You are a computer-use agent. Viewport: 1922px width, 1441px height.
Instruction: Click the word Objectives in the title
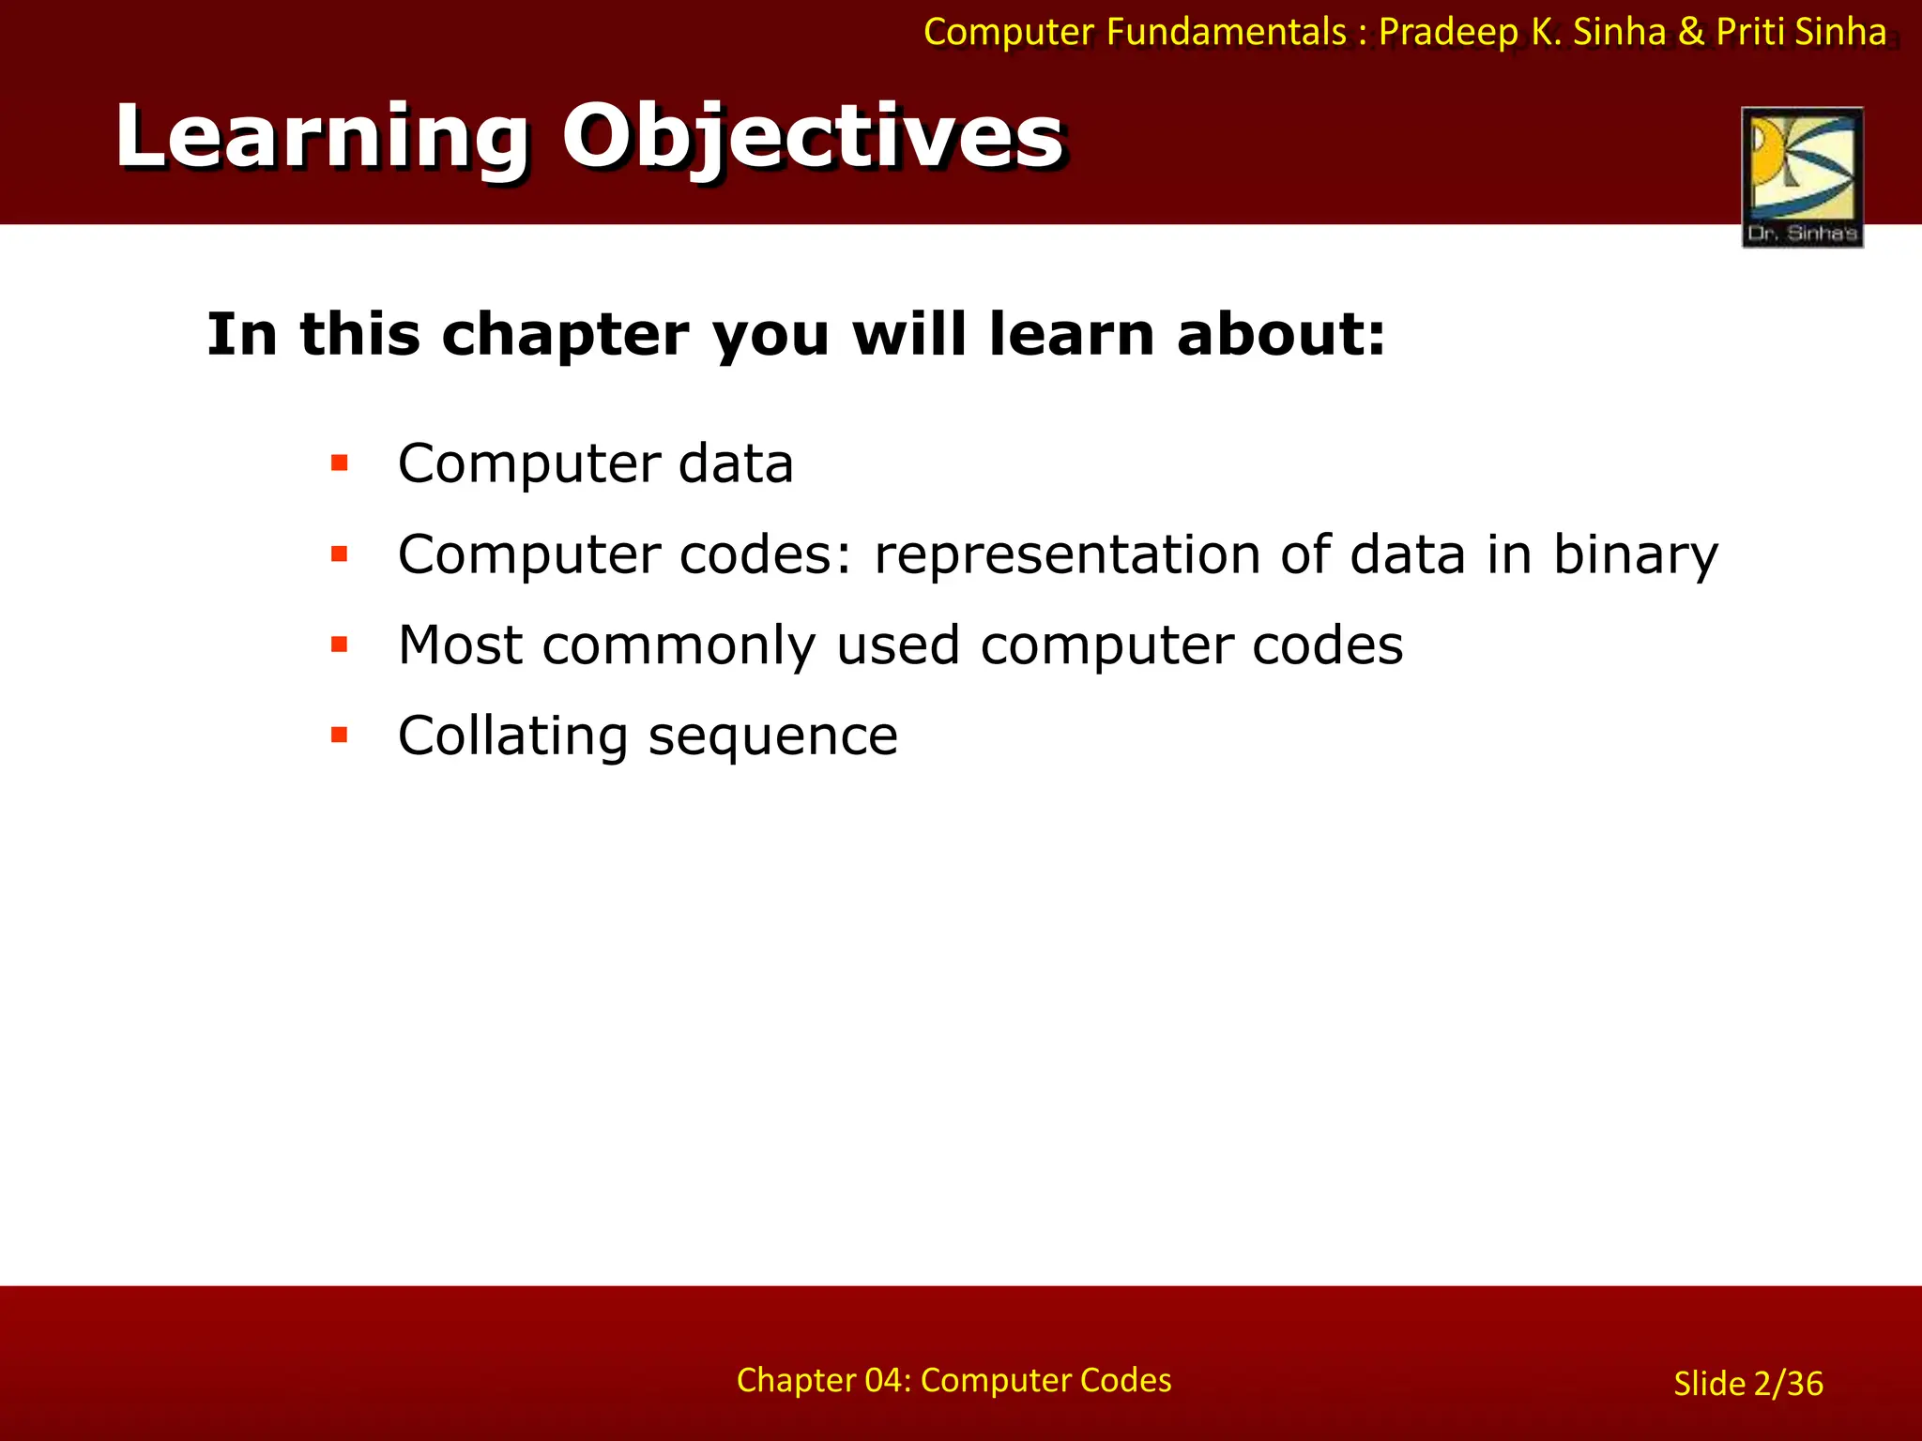[813, 139]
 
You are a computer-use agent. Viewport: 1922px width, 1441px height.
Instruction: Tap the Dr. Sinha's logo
[1802, 177]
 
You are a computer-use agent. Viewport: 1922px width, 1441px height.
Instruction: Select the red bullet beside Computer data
[340, 463]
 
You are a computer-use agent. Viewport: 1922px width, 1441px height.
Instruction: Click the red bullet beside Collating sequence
[340, 735]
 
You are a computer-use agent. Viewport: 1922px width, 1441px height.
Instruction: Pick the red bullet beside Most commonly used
[340, 645]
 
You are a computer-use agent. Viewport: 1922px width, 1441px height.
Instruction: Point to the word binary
[1636, 555]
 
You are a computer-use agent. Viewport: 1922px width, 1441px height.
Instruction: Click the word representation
[1067, 555]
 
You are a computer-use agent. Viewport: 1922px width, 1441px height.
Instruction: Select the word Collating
[512, 736]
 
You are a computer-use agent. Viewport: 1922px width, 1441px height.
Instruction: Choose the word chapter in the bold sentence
[565, 335]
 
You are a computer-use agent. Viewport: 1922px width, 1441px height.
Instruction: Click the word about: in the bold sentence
[1280, 334]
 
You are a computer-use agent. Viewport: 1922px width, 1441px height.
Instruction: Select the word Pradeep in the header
[1448, 33]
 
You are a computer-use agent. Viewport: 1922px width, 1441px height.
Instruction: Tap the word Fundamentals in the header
[1226, 33]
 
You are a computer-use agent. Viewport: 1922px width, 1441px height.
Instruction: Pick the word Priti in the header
[1749, 33]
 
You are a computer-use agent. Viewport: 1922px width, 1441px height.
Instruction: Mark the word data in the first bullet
[736, 464]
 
